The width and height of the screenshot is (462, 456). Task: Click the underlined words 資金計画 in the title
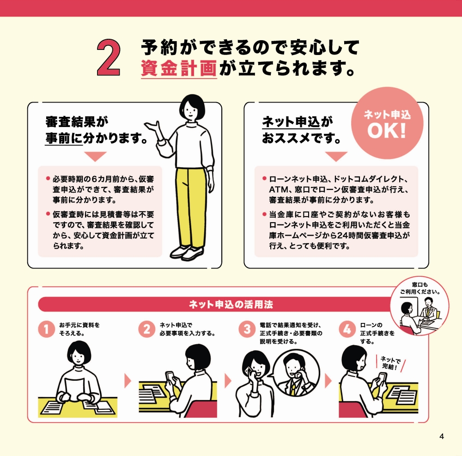179,69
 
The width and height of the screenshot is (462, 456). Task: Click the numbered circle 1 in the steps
46,329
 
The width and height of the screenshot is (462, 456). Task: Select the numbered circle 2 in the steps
146,329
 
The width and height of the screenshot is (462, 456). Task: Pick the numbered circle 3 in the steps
247,329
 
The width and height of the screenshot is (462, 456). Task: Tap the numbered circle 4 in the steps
347,329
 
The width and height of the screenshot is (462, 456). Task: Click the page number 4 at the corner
441,437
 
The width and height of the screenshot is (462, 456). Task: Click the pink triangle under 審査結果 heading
95,156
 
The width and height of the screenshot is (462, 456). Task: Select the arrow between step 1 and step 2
128,381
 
